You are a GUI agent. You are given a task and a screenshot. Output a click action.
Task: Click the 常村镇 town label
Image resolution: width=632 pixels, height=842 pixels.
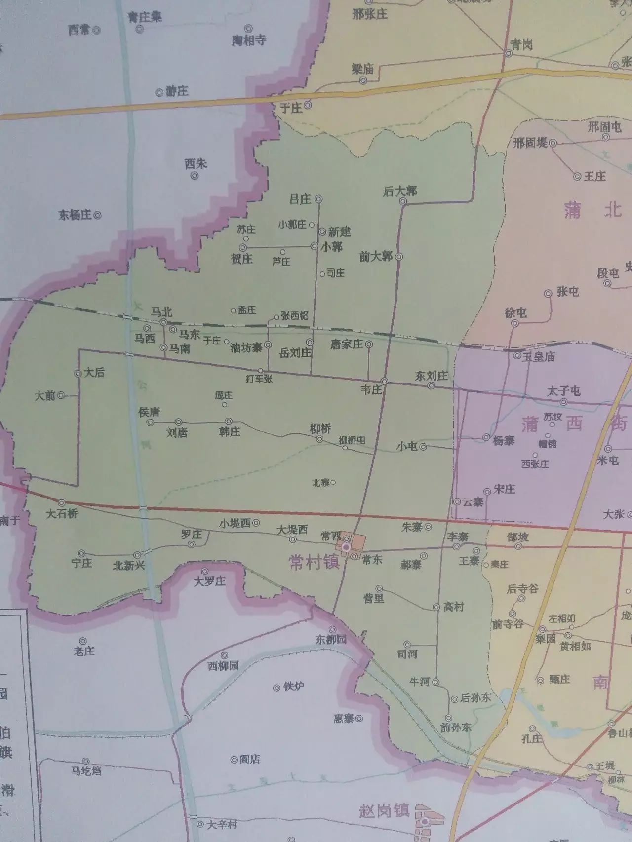(314, 563)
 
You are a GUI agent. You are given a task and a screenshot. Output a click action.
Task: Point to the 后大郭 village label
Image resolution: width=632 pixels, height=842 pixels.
(400, 191)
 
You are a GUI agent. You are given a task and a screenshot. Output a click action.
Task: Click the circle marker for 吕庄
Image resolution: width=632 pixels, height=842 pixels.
(319, 199)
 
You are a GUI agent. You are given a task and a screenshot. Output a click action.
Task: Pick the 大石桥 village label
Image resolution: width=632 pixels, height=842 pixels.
(62, 514)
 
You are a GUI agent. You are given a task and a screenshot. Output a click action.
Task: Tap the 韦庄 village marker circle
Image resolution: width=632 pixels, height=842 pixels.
(384, 381)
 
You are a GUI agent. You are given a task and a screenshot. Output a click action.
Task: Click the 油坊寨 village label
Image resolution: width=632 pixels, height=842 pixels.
(246, 347)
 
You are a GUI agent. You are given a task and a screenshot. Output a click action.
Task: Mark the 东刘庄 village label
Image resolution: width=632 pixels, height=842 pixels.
(432, 376)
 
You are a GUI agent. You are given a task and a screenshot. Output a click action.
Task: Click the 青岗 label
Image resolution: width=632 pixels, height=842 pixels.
(521, 45)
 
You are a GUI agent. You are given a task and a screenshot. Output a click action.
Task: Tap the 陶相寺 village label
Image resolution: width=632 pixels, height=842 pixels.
(249, 40)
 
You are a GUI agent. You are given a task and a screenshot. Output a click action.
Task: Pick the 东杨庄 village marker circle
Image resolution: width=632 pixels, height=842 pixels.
(98, 215)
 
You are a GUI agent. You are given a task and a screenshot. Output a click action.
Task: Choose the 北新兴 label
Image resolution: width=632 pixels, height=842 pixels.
(129, 566)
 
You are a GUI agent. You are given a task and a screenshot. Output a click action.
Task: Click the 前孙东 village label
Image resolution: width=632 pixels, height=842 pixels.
(456, 727)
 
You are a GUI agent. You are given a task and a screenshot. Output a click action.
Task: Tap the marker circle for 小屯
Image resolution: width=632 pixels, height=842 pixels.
(423, 446)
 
